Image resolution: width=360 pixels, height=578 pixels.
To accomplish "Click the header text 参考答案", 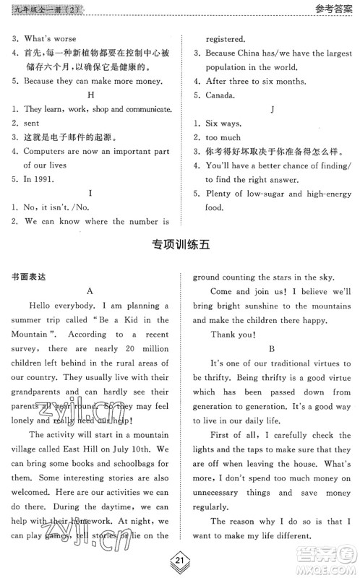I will (x=335, y=10).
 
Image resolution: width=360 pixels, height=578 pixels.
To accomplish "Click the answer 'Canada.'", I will (x=220, y=95).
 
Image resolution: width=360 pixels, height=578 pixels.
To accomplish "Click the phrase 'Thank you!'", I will (x=232, y=334).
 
